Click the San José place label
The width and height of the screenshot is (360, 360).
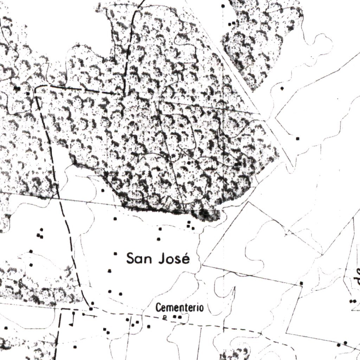(x=158, y=258)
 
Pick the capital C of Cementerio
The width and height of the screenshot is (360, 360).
(x=158, y=308)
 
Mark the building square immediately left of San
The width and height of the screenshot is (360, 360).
(x=116, y=253)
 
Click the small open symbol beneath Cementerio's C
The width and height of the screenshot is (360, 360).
(x=164, y=317)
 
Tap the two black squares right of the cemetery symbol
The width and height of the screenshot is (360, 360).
(x=177, y=317)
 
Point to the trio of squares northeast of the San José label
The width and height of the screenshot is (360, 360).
(x=190, y=225)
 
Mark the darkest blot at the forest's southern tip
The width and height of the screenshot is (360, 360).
(x=205, y=214)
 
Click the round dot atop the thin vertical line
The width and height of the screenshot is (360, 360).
(x=223, y=6)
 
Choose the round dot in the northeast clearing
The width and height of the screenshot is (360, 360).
(x=282, y=88)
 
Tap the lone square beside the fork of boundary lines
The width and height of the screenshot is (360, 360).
(x=298, y=139)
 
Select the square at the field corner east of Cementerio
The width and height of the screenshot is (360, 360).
(x=301, y=283)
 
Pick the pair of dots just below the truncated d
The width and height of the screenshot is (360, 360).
(x=353, y=301)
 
